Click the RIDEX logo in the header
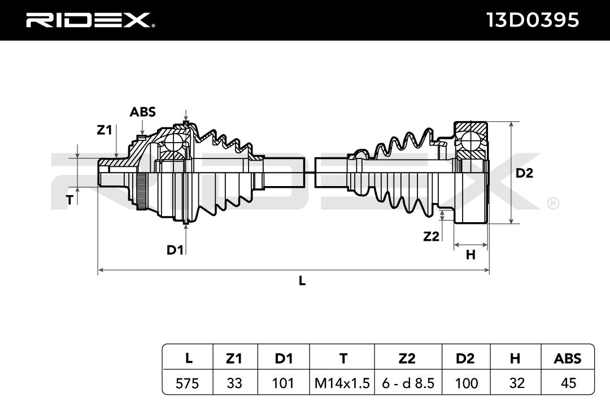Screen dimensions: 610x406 click(90, 20)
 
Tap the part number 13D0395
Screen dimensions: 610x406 click(533, 20)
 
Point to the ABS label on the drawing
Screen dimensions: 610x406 click(142, 112)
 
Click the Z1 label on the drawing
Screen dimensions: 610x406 click(104, 130)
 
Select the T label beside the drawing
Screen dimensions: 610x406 click(69, 200)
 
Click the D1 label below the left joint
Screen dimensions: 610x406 click(175, 250)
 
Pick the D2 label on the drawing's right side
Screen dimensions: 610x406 click(524, 173)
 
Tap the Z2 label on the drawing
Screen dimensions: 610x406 click(431, 236)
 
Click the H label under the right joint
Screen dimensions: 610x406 click(470, 255)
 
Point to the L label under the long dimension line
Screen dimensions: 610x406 click(302, 280)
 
